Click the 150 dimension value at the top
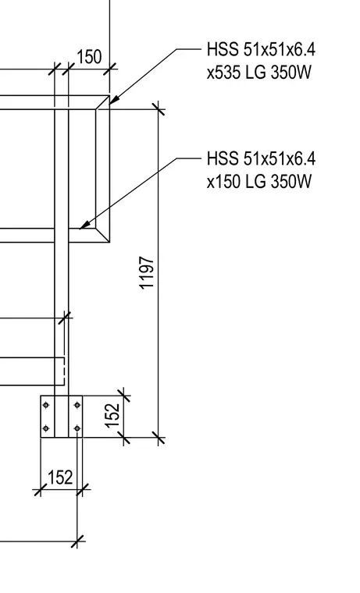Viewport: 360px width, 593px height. (89, 57)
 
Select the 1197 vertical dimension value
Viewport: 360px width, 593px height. (147, 272)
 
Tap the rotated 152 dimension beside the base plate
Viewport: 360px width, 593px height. (112, 416)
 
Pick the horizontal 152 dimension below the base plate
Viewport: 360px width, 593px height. (61, 478)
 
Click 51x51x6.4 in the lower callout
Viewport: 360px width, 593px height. (280, 158)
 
